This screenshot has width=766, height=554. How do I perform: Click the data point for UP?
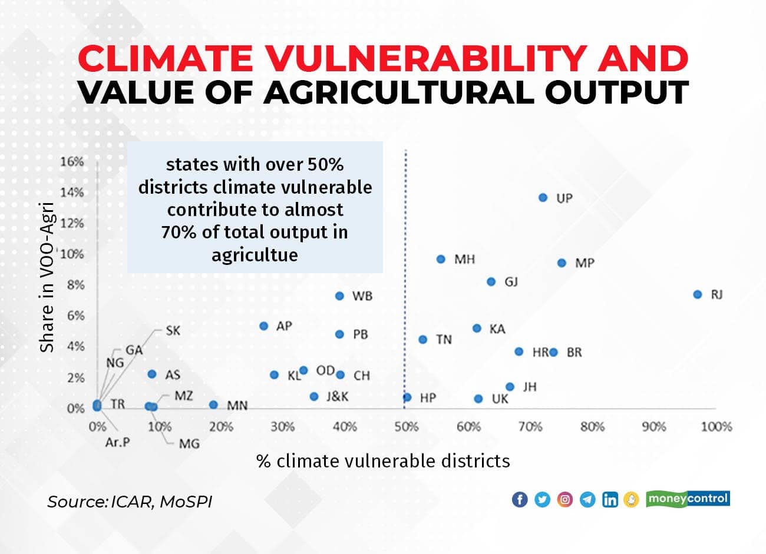click(x=543, y=198)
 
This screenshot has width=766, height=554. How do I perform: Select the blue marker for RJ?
click(x=698, y=294)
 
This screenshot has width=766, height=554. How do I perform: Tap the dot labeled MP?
click(x=562, y=263)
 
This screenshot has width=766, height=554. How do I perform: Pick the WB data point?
click(x=339, y=296)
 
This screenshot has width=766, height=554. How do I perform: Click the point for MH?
click(x=441, y=259)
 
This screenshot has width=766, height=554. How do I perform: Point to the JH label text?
click(x=529, y=387)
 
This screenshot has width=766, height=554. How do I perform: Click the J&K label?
click(x=337, y=397)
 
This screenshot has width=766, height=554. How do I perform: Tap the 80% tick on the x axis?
click(x=592, y=426)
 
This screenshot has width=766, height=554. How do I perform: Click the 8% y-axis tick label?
click(x=75, y=285)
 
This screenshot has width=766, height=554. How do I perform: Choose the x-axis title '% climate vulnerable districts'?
click(x=383, y=460)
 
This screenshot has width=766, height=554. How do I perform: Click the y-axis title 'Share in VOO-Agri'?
click(x=47, y=277)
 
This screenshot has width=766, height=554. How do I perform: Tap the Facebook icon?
click(x=520, y=500)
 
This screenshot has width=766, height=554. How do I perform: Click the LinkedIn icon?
click(x=610, y=500)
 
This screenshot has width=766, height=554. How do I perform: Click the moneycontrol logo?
click(x=688, y=499)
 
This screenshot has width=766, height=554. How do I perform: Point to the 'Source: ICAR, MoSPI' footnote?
click(x=130, y=502)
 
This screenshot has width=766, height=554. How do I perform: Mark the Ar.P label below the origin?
click(x=117, y=442)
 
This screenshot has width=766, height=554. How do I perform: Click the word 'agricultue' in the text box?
click(x=255, y=255)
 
